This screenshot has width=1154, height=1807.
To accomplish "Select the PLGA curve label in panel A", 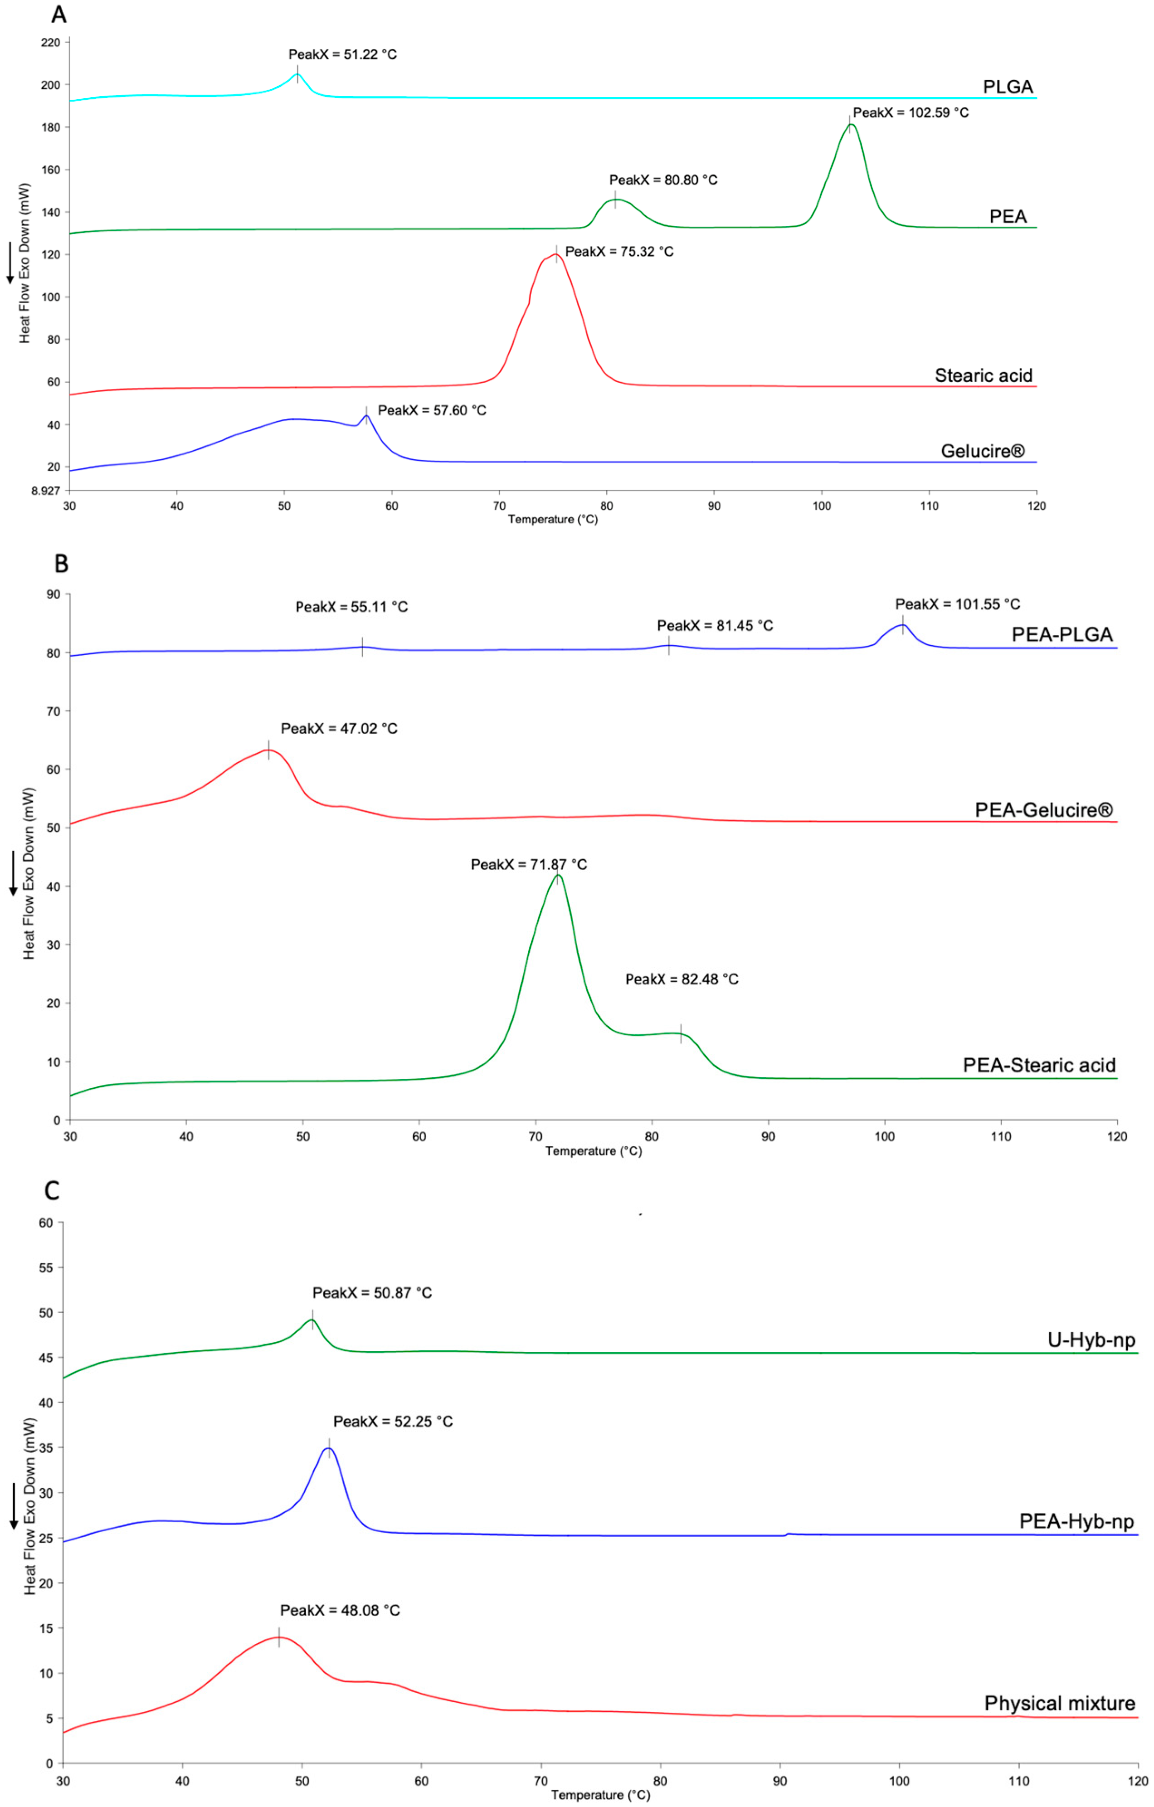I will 1008,87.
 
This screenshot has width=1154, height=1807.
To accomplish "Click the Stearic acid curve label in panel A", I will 983,375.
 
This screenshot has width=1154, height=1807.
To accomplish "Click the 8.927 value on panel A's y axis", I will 44,491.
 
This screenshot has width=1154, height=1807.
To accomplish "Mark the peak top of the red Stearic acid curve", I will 556,253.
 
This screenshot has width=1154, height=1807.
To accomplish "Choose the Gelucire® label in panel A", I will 982,451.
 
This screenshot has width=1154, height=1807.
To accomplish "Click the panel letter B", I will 62,564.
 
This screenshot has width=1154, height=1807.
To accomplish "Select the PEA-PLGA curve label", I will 1061,635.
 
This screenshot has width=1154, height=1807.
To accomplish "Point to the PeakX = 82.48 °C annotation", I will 682,979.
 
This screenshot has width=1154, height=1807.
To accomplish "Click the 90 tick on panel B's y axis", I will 53,594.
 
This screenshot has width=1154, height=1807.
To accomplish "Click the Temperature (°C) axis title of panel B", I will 594,1151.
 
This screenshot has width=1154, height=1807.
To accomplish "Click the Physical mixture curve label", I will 1060,1704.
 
